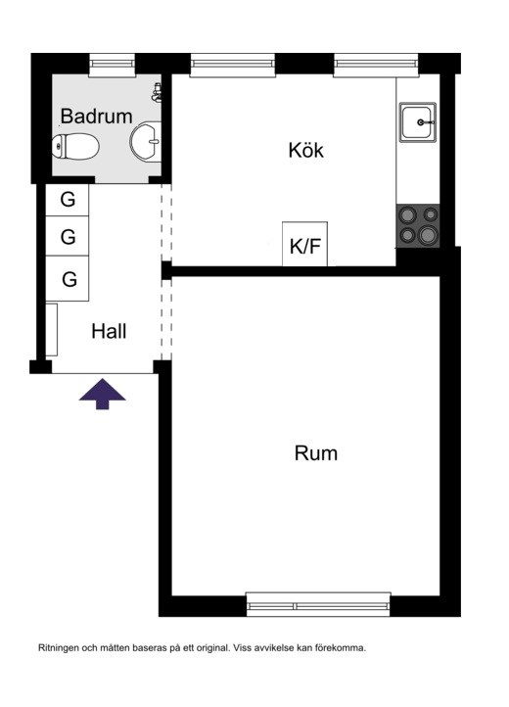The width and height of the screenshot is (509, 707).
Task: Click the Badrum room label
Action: tap(97, 116)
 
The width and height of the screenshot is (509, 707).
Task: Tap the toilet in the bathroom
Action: tap(75, 146)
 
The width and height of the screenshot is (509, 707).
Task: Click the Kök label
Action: tap(305, 150)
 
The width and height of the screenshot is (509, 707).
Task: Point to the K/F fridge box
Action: tap(304, 244)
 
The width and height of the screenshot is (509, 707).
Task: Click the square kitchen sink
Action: tap(418, 122)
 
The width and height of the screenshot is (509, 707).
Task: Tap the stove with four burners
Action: tap(418, 225)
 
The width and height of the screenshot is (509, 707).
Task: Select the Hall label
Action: tap(109, 331)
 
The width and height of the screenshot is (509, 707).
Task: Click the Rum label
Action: tap(315, 453)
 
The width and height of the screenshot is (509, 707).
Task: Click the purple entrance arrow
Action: tap(103, 394)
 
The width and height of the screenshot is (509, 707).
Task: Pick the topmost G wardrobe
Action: tap(68, 200)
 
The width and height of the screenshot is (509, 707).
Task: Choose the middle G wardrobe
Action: tap(68, 236)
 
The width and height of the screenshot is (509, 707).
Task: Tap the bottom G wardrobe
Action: tap(68, 278)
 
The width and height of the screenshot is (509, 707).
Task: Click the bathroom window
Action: tap(113, 66)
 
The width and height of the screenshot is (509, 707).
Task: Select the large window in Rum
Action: tap(318, 604)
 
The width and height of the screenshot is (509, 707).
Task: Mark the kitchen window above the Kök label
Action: tap(233, 66)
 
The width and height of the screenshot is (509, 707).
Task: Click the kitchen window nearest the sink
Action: tap(376, 66)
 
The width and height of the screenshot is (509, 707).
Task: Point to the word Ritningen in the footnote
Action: tap(59, 648)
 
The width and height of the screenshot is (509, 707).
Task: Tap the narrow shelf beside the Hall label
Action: tap(52, 330)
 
